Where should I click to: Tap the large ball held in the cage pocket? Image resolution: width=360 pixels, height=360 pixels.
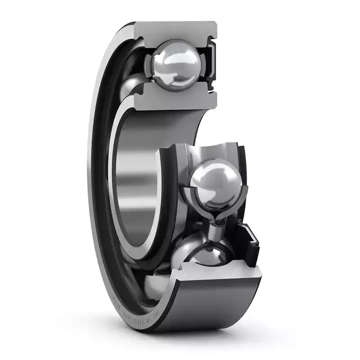point(215,183)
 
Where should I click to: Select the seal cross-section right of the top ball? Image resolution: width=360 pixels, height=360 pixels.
point(211,63)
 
